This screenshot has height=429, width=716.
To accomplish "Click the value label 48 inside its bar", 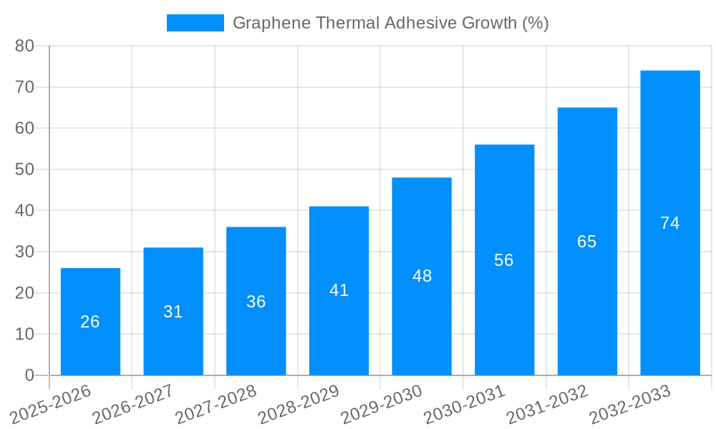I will point(422,276).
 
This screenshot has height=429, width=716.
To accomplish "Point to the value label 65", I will point(586,242).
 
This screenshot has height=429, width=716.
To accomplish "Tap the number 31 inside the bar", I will point(173,312).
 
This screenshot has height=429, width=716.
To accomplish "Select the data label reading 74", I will point(669,223).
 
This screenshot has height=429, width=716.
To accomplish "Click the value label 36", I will point(256,302).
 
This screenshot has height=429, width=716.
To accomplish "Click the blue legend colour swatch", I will point(195,23).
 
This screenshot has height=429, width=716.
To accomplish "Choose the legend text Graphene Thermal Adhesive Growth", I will point(390,23).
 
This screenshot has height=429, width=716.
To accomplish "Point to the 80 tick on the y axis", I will point(24,46).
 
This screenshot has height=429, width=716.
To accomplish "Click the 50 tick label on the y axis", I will point(24,169).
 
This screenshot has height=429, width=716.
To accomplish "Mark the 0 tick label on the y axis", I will point(29,375).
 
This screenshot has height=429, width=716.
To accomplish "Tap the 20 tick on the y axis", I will point(24,293).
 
